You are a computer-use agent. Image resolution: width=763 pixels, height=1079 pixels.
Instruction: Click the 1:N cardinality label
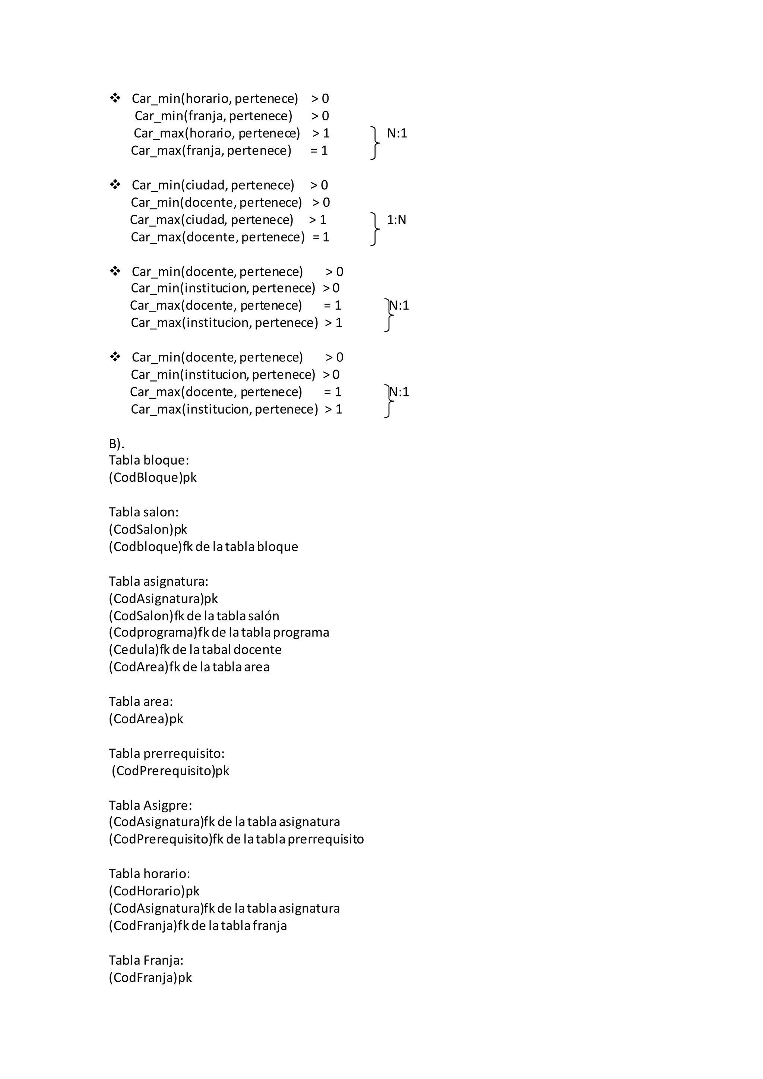pyautogui.click(x=396, y=219)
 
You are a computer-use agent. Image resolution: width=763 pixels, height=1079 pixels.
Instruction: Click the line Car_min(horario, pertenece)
pyautogui.click(x=215, y=99)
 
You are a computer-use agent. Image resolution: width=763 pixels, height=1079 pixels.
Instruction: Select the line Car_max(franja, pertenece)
pyautogui.click(x=211, y=151)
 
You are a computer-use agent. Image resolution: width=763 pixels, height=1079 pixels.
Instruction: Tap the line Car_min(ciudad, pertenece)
pyautogui.click(x=213, y=185)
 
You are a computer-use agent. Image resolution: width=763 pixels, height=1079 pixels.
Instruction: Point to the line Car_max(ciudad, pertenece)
pyautogui.click(x=211, y=219)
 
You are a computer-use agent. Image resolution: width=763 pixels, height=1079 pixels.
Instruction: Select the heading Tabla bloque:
pyautogui.click(x=149, y=460)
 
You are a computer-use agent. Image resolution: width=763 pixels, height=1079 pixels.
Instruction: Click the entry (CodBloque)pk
pyautogui.click(x=153, y=478)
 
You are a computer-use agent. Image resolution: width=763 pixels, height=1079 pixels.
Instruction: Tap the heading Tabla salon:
pyautogui.click(x=144, y=512)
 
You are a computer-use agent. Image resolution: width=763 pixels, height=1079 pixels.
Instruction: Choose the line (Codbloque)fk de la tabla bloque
pyautogui.click(x=203, y=547)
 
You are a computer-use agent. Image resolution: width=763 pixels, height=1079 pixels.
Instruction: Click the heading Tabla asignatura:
pyautogui.click(x=158, y=581)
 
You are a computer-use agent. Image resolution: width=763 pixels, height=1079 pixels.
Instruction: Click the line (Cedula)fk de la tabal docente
pyautogui.click(x=195, y=649)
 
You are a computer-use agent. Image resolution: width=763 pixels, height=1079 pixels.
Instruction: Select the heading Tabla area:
pyautogui.click(x=141, y=702)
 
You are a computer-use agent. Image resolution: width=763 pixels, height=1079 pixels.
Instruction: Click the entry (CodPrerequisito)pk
pyautogui.click(x=171, y=771)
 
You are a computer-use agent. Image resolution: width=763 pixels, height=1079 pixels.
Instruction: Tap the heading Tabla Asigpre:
pyautogui.click(x=151, y=806)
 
